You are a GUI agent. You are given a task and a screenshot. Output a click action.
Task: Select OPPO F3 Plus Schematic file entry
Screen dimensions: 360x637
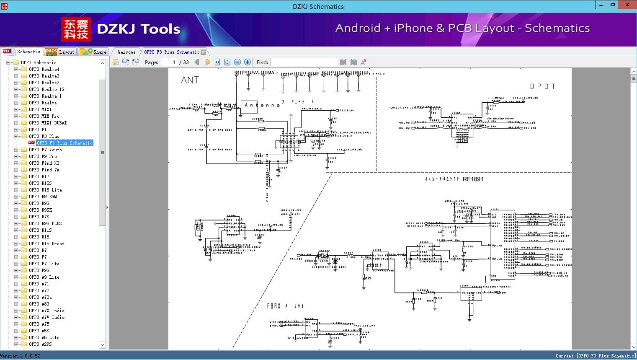pyautogui.click(x=64, y=143)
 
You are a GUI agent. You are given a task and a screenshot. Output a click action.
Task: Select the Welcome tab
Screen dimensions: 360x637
pyautogui.click(x=126, y=52)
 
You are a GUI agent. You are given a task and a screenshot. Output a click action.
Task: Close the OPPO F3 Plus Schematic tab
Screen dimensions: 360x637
pyautogui.click(x=204, y=52)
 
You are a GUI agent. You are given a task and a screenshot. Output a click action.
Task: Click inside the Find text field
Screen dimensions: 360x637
pyautogui.click(x=304, y=62)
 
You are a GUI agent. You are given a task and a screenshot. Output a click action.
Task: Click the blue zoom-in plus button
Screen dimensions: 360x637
pyautogui.click(x=248, y=62)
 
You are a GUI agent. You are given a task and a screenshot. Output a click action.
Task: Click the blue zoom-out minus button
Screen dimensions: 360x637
pyautogui.click(x=237, y=62)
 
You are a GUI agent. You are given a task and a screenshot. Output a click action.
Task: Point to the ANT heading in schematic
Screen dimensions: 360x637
pyautogui.click(x=190, y=80)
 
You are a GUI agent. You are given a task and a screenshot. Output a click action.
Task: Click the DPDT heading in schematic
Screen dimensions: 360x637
pyautogui.click(x=542, y=86)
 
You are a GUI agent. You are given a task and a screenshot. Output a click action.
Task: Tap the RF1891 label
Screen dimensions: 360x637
pyautogui.click(x=473, y=179)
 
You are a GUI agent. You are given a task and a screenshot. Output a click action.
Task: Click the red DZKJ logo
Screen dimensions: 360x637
pyautogui.click(x=76, y=29)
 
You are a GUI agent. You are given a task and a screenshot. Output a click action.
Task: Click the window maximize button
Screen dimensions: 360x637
pyautogui.click(x=613, y=5)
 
